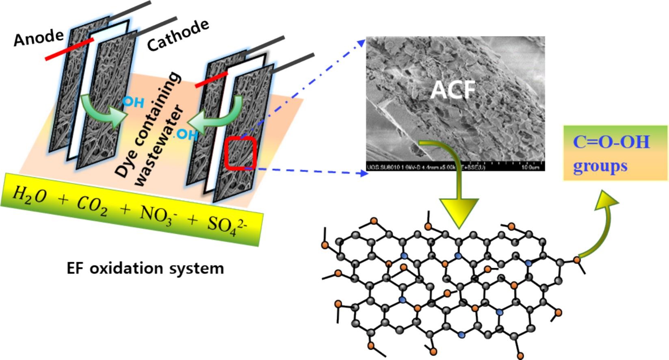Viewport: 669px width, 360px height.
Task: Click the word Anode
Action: (x=38, y=38)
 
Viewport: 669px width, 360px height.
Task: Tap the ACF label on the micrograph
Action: (x=452, y=89)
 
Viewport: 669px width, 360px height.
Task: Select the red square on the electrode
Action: (x=241, y=153)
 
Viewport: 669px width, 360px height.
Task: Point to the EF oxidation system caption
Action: (x=145, y=269)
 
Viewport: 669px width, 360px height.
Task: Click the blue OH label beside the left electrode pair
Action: (x=133, y=102)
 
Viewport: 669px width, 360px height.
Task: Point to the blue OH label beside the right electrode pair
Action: (x=186, y=134)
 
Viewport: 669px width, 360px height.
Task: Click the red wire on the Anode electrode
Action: (x=69, y=50)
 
